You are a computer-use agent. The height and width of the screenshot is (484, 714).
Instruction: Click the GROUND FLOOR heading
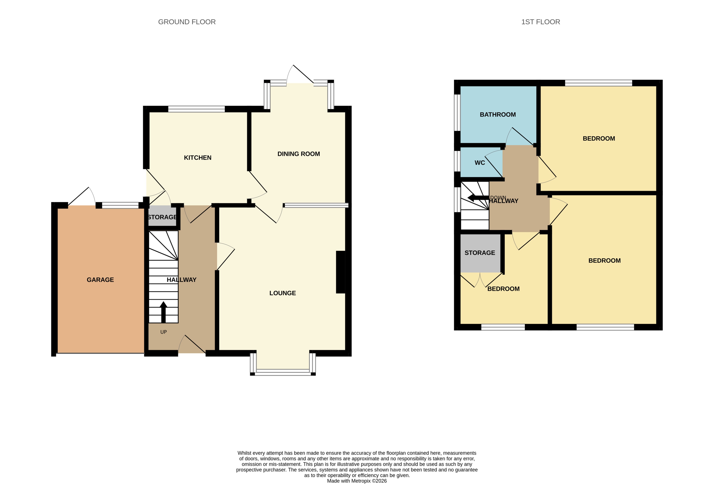click(187, 22)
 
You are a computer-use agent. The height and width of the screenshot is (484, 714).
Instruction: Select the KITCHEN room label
click(197, 158)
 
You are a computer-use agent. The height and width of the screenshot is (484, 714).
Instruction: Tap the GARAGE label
click(100, 280)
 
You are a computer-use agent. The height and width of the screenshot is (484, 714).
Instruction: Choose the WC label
click(480, 163)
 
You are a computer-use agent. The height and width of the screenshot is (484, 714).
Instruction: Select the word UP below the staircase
click(163, 332)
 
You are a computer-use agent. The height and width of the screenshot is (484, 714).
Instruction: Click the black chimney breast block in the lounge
click(340, 272)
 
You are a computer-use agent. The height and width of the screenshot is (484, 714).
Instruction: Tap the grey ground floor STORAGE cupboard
click(162, 217)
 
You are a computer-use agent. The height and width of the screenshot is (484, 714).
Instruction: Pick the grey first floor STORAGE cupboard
click(480, 253)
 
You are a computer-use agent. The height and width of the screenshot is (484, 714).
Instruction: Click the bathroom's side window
click(457, 112)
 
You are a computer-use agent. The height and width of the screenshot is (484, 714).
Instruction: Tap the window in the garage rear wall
click(120, 205)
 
